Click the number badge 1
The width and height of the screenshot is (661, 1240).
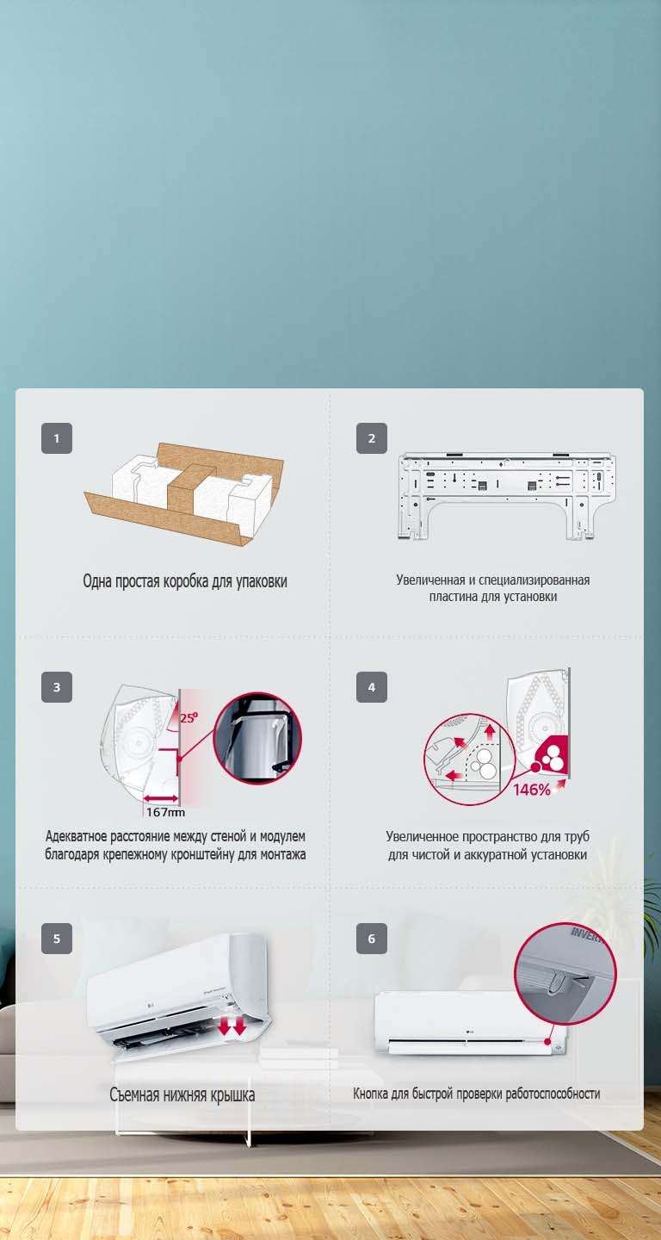(57, 438)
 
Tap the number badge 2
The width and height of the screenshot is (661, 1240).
(372, 438)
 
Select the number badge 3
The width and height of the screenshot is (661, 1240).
(57, 687)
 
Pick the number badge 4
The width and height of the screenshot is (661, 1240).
(372, 687)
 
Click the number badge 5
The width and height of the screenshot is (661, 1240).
(57, 939)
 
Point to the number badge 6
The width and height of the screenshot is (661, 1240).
(372, 939)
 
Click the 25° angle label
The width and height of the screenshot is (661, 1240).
(189, 715)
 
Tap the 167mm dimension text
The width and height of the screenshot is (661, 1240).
(164, 811)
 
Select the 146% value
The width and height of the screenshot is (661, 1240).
(532, 790)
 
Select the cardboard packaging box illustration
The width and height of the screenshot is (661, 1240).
(184, 493)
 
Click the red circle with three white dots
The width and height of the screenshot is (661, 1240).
(548, 756)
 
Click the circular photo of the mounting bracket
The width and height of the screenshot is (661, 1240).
(257, 738)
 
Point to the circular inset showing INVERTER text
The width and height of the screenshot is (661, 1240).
(565, 973)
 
